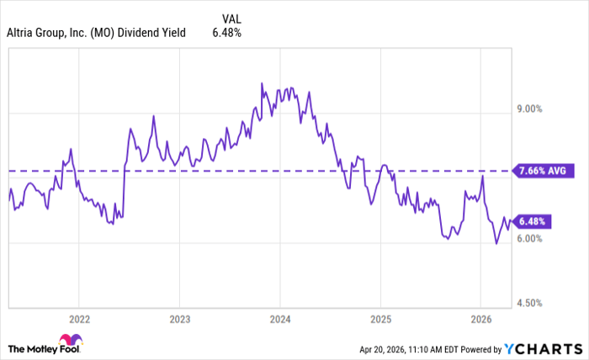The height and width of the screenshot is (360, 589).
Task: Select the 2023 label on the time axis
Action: (179, 320)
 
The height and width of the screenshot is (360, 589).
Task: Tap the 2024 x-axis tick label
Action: (279, 320)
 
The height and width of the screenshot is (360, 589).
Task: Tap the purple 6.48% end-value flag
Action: (532, 222)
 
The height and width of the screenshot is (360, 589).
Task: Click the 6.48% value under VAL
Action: (227, 33)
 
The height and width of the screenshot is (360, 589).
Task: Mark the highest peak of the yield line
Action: (262, 83)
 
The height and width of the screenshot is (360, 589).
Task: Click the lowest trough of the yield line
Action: (496, 244)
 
